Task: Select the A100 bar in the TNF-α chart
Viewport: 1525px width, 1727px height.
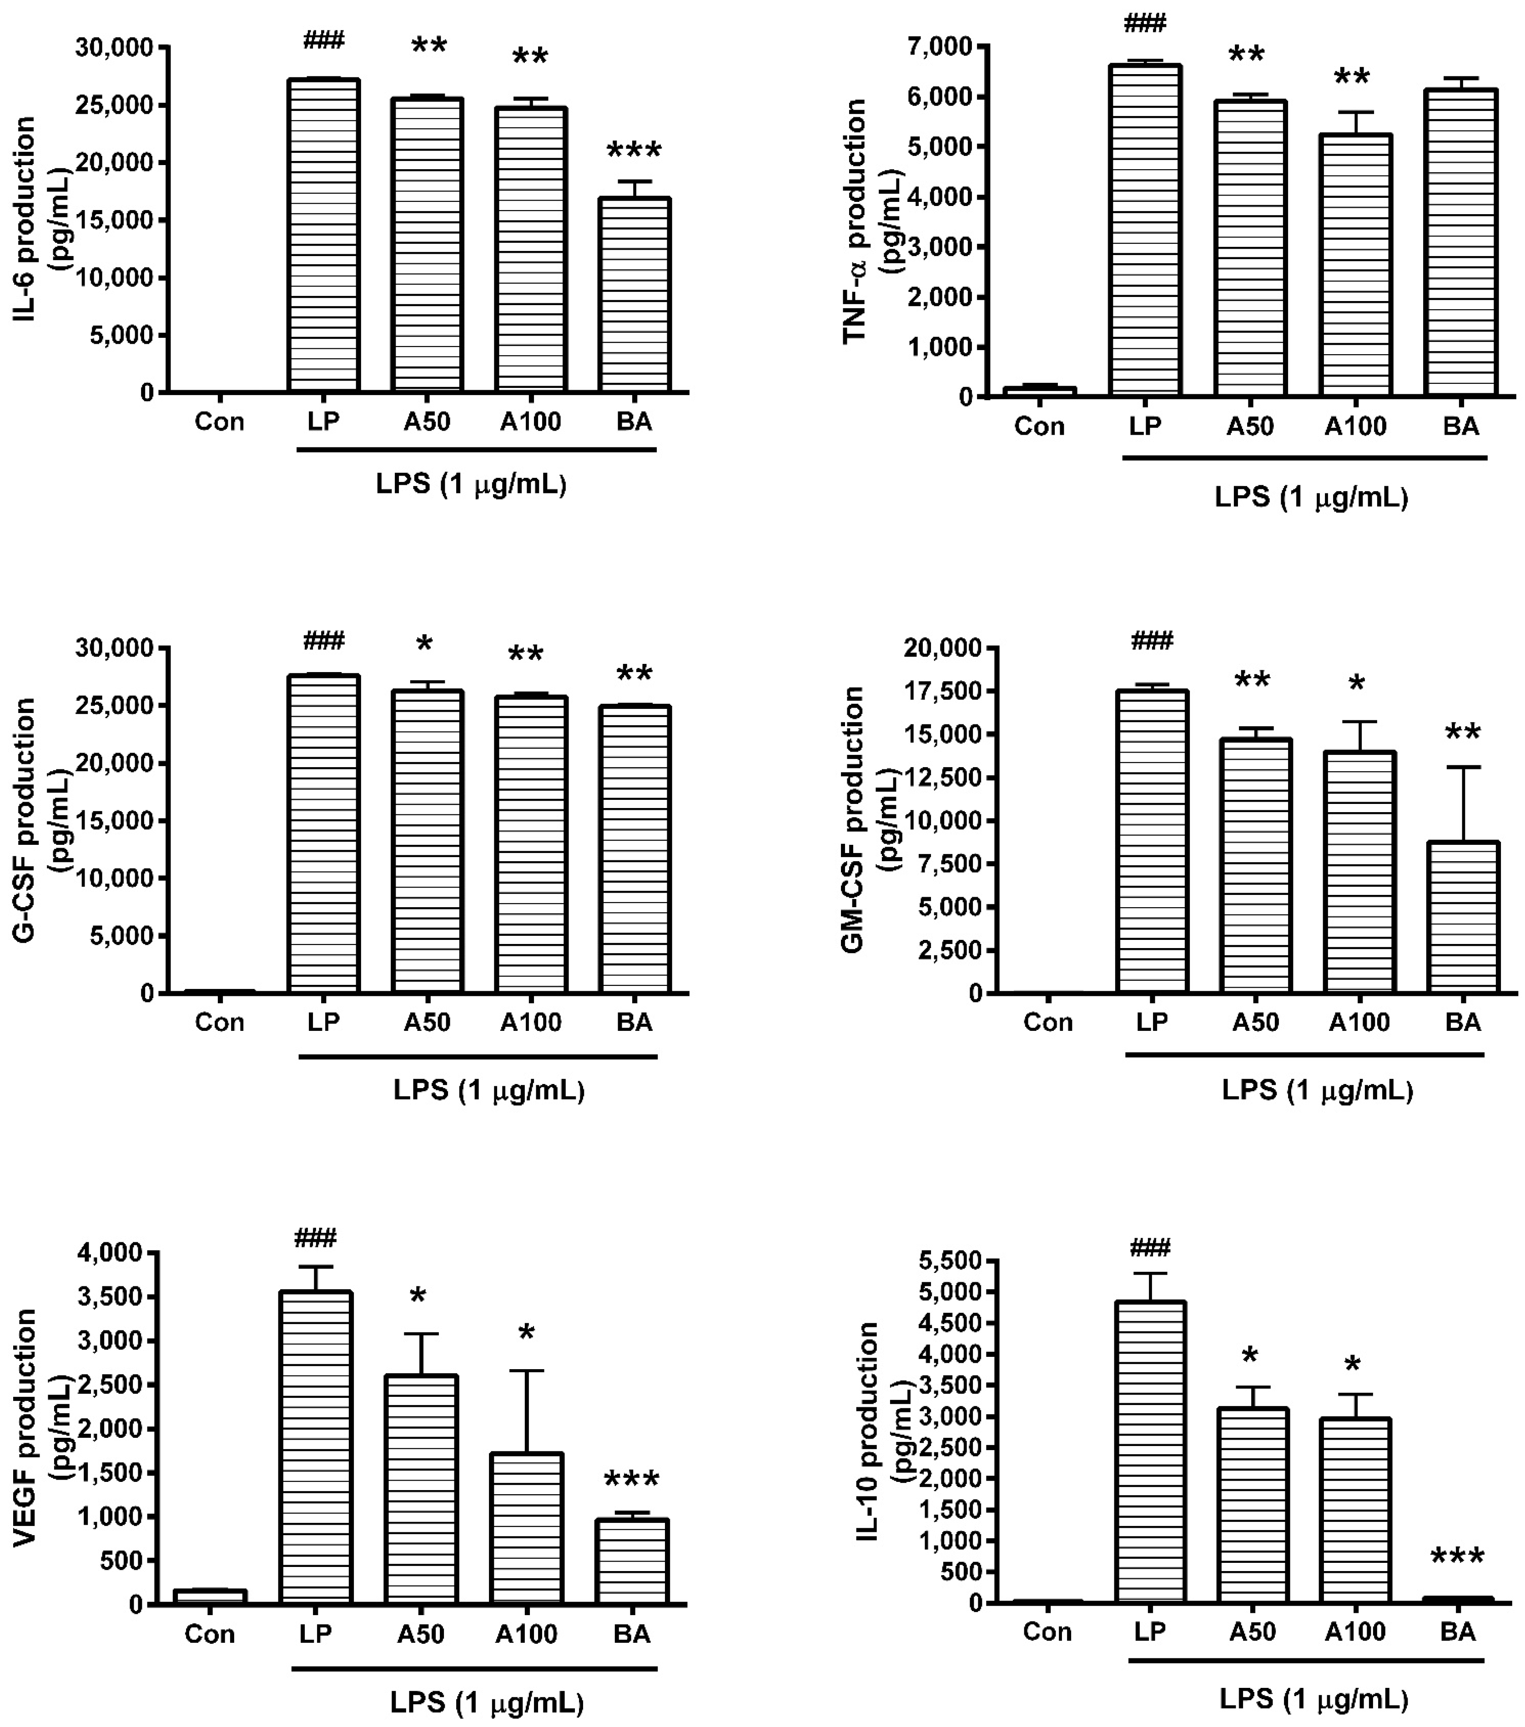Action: (x=1355, y=266)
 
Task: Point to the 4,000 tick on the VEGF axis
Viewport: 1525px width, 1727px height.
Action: (x=110, y=1253)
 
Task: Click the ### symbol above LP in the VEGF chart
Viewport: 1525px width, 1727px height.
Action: (x=315, y=1239)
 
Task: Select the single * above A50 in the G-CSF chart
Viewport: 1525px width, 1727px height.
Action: (x=424, y=645)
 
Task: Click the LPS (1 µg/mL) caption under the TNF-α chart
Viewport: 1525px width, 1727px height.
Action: (x=1311, y=497)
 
